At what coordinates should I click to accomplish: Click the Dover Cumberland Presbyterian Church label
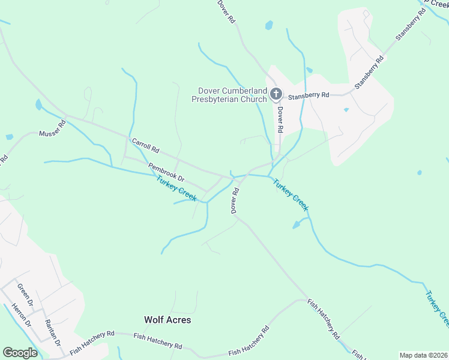[232, 95]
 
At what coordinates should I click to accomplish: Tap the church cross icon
[276, 93]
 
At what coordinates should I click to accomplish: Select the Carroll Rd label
[145, 145]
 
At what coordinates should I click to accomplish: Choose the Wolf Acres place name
[167, 320]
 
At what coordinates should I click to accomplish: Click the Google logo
[20, 353]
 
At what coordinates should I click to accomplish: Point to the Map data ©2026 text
[423, 355]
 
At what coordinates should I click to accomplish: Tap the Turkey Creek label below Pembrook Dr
[176, 188]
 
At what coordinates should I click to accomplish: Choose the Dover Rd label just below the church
[279, 119]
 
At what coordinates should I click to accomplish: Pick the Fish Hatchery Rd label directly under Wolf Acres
[158, 341]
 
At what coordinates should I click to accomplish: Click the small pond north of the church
[269, 25]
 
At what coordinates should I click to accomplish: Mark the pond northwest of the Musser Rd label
[39, 105]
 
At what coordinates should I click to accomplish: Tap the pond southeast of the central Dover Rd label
[297, 225]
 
